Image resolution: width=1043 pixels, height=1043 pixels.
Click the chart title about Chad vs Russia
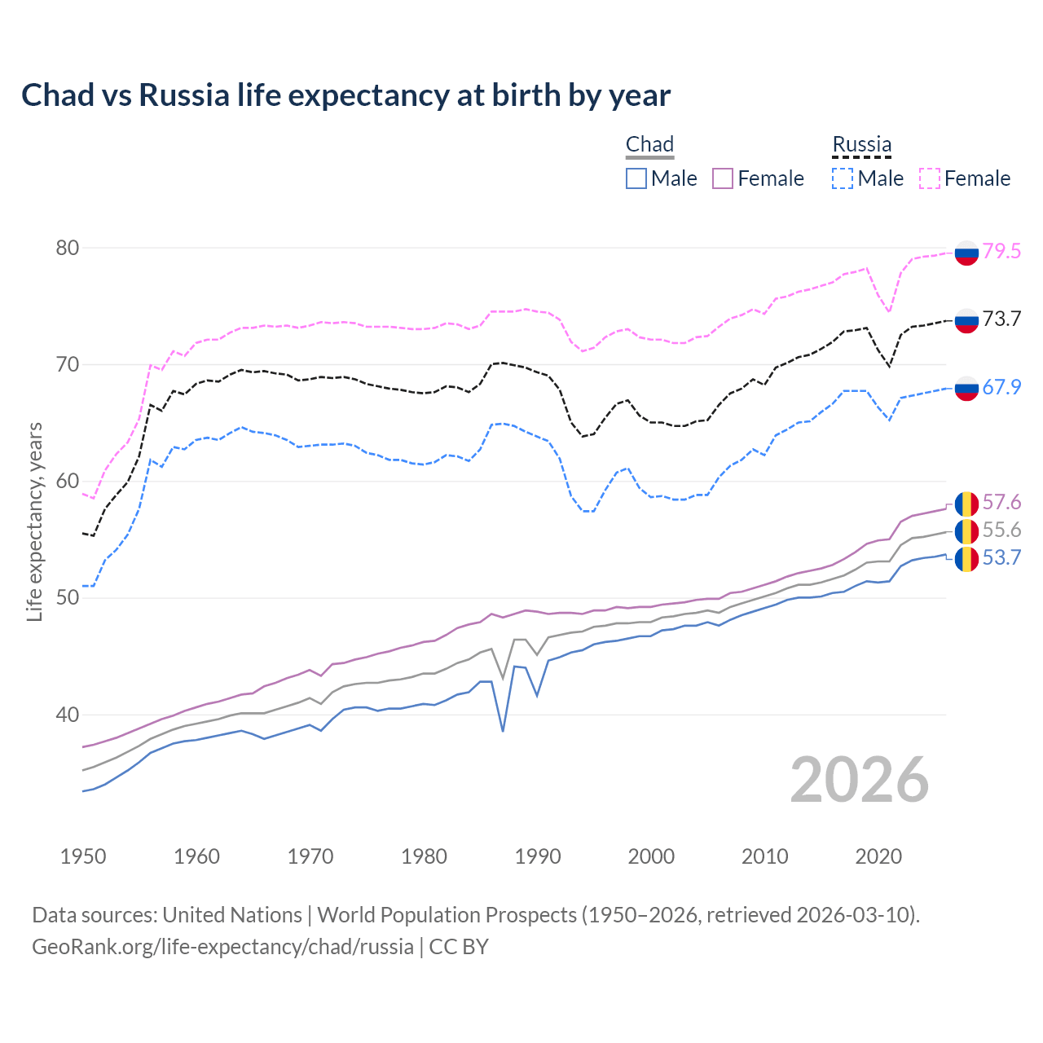click(345, 95)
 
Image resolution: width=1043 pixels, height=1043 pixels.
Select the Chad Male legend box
click(636, 178)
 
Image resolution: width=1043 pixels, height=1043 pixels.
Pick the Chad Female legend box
click(723, 178)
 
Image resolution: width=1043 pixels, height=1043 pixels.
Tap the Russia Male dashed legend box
click(843, 178)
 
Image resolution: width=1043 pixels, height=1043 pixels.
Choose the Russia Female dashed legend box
click(930, 178)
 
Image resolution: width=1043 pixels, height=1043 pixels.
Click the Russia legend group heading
click(861, 144)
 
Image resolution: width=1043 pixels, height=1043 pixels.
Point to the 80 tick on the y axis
click(68, 248)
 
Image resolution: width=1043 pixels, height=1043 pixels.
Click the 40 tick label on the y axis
click(68, 715)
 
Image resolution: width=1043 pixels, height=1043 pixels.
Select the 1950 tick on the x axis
click(83, 856)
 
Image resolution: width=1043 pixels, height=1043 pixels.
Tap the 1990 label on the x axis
click(538, 856)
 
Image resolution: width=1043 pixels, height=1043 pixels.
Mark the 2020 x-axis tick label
click(878, 856)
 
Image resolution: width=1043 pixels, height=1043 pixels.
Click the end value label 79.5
click(1001, 251)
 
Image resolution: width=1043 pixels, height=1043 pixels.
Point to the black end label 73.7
click(1001, 319)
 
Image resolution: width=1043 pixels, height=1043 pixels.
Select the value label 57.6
click(1001, 502)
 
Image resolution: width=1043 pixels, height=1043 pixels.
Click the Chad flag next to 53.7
click(966, 559)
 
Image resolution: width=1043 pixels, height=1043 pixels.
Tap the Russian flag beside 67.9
click(966, 388)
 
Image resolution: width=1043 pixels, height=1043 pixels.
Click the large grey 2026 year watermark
click(859, 780)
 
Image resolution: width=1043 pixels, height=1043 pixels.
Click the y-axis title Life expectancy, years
click(35, 521)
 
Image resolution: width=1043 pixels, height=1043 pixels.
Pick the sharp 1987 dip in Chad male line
click(503, 730)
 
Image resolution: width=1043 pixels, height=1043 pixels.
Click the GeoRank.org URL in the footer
click(222, 947)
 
